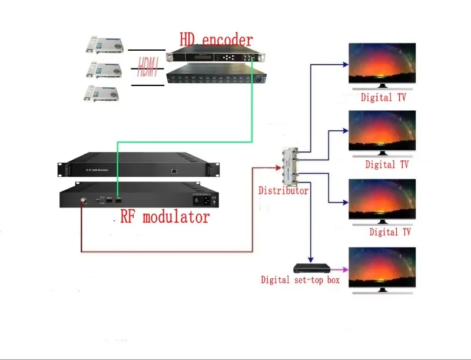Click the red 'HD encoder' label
(215, 40)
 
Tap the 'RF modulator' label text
(164, 217)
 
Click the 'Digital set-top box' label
(300, 280)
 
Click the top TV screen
(383, 64)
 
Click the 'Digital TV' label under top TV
(383, 97)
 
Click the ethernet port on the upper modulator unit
(175, 171)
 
